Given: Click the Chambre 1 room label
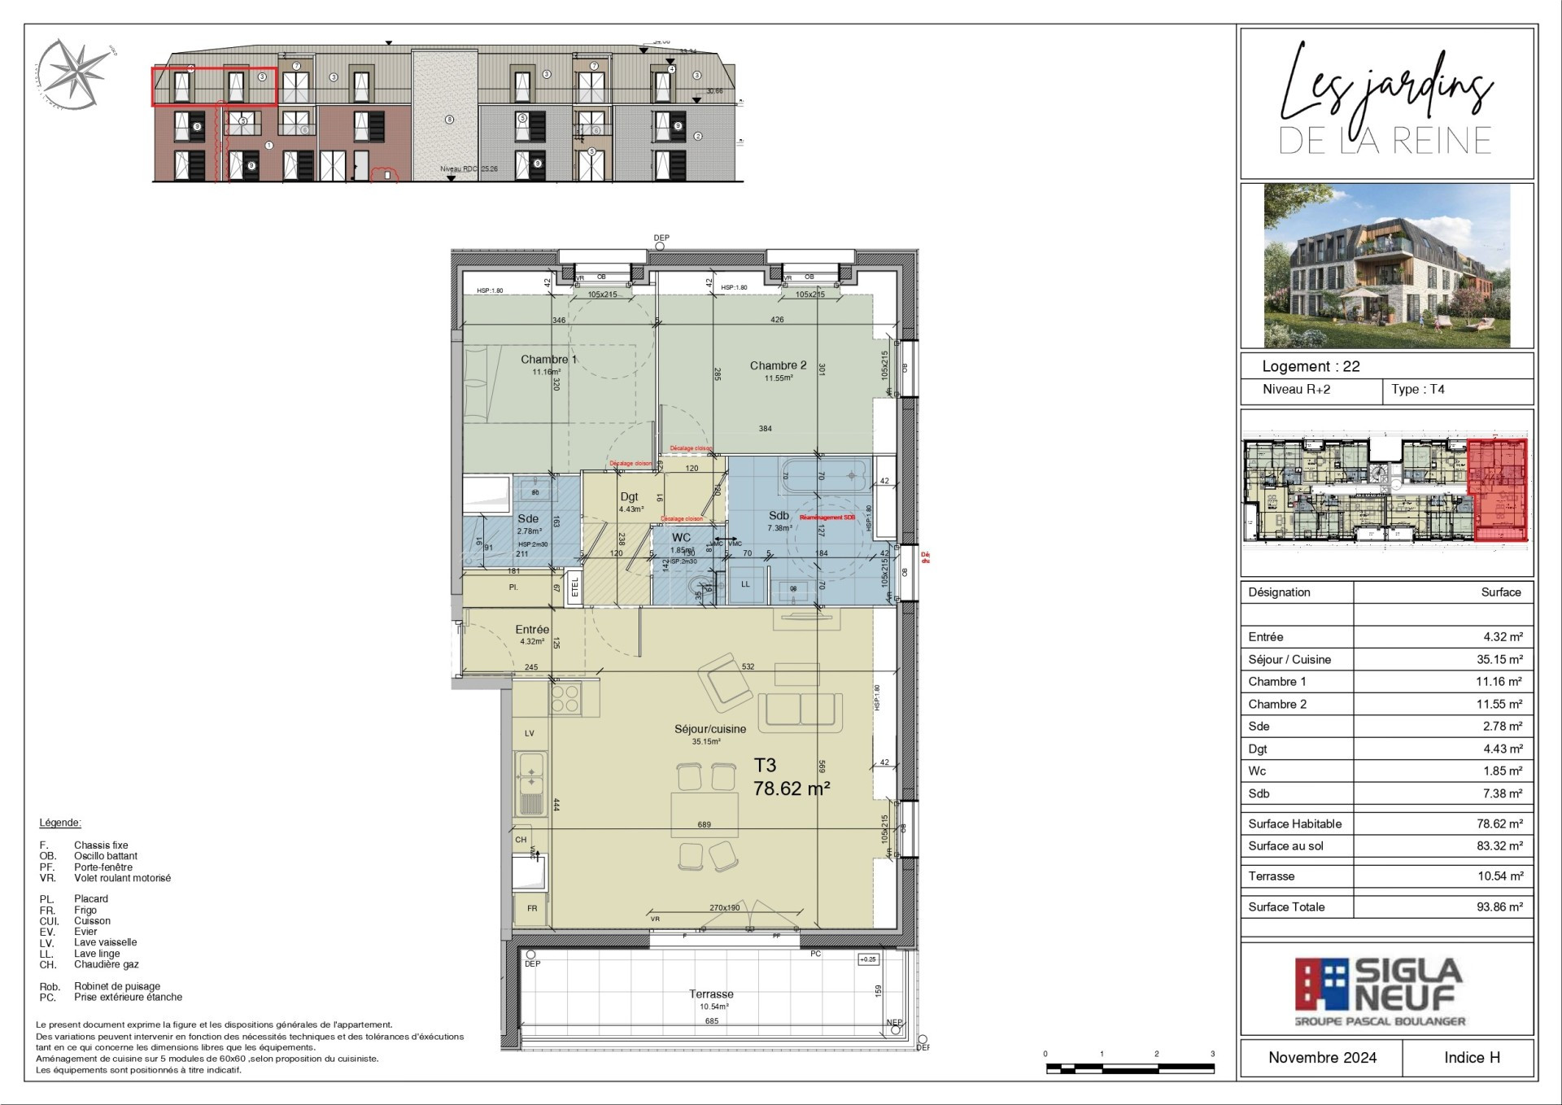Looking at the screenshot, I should [x=548, y=360].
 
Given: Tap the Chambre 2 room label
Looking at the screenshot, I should [x=778, y=365].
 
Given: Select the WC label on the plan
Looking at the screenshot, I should [x=681, y=538].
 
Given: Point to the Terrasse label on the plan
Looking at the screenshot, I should [x=711, y=994].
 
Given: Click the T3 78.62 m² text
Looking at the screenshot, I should [x=790, y=777].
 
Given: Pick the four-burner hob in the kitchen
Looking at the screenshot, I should [x=565, y=698].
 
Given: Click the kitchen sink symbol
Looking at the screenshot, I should [x=531, y=782].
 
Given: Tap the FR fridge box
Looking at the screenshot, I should [x=531, y=908].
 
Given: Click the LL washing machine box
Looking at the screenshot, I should [x=745, y=584].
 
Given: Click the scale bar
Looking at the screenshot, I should [x=1129, y=1068].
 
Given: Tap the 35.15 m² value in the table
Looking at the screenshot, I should [x=1499, y=659].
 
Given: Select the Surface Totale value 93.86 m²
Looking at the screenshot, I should [x=1499, y=906].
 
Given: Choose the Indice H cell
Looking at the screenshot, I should [x=1471, y=1057].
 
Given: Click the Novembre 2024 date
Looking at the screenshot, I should [x=1322, y=1057].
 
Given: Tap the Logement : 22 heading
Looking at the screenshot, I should [x=1311, y=366].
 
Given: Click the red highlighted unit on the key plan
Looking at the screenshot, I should [x=1498, y=490].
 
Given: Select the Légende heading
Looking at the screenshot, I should [x=60, y=823].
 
